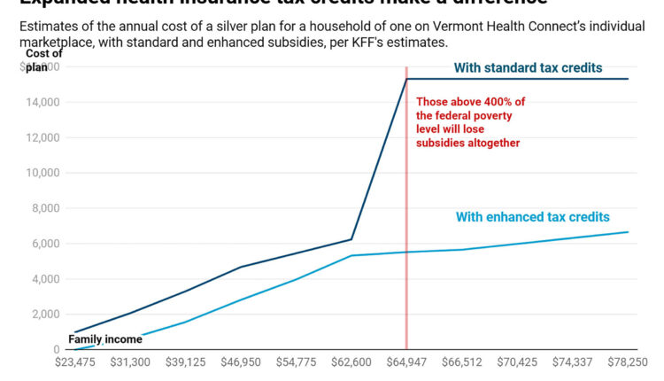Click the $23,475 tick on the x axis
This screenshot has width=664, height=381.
[75, 362]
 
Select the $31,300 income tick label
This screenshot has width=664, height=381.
[130, 362]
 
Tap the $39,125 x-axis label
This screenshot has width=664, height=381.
[186, 362]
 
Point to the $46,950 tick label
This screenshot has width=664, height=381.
[241, 362]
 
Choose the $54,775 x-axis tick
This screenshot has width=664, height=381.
[296, 362]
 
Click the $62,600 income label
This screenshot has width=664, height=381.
[351, 362]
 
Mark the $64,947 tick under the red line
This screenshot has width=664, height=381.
[406, 362]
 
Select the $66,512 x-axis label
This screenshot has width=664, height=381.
[461, 362]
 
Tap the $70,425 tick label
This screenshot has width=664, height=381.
[517, 362]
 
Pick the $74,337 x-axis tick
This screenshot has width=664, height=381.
[572, 362]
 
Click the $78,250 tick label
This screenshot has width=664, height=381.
[627, 362]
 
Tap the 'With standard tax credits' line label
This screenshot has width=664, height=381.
[528, 67]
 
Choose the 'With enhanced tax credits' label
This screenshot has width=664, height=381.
[532, 217]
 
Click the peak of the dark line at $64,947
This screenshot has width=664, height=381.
[406, 79]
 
